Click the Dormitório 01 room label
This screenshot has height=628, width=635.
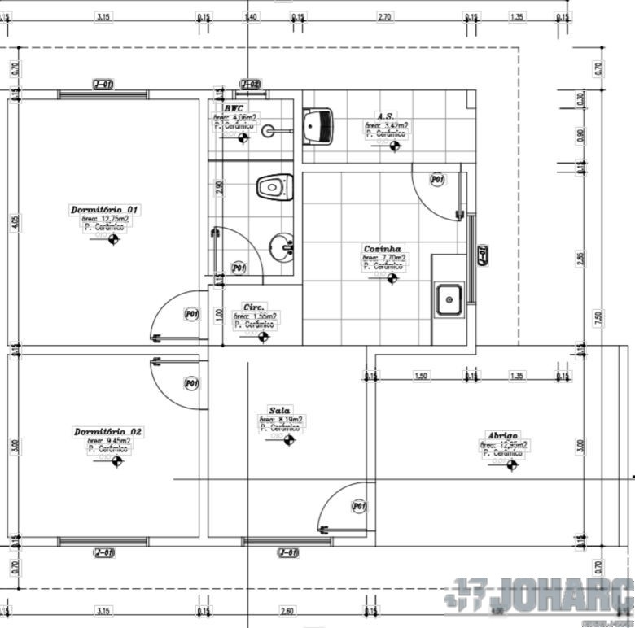pos(105,210)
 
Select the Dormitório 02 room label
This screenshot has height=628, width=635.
pos(108,431)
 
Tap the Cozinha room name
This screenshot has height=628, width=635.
pos(383,249)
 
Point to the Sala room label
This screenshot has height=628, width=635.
pos(279,411)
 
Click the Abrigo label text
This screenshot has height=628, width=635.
pos(502,436)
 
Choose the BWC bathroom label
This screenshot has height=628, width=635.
pos(234,107)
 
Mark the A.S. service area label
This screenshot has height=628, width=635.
pos(385,116)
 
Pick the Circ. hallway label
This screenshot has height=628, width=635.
pos(254,307)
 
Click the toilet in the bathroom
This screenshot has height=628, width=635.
pos(274,187)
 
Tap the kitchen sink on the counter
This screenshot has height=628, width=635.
pos(449,299)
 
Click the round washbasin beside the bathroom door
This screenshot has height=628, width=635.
pos(282,246)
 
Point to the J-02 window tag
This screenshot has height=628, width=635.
pos(250,84)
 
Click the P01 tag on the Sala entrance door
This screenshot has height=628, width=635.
pos(359,507)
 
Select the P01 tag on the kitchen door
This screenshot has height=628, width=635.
pos(437,180)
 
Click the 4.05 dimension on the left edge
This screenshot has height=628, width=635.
pos(12,222)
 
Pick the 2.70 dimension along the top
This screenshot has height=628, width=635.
pos(385,16)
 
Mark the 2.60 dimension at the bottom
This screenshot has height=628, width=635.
pos(287,611)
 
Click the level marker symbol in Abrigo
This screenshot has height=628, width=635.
pos(512,465)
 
